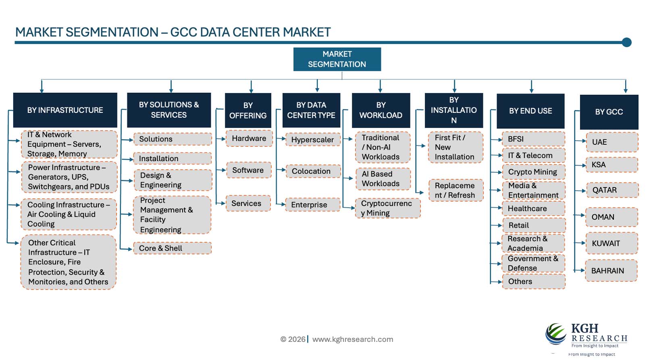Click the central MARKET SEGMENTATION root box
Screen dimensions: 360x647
coord(337,59)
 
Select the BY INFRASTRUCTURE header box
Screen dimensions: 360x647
coord(65,110)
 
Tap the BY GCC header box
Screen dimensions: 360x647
coord(609,112)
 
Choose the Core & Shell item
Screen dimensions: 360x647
coord(172,248)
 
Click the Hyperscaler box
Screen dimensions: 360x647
coord(312,140)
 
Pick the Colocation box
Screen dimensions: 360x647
coord(313,171)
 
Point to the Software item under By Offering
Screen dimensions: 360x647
coord(248,171)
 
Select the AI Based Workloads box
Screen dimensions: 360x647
coord(383,179)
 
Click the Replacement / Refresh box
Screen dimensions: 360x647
coord(456,190)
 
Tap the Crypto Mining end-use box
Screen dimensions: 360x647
coord(533,172)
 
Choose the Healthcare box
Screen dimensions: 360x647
coord(533,209)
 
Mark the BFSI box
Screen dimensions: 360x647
coord(533,139)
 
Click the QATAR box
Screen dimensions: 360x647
coord(612,190)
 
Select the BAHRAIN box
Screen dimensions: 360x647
coord(611,271)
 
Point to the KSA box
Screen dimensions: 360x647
coord(612,165)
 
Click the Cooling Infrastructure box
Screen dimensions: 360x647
coord(69,214)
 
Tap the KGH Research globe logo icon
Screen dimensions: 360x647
coord(556,334)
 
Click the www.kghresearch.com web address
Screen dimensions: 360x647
coord(353,339)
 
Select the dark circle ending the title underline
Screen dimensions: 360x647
coord(626,42)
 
